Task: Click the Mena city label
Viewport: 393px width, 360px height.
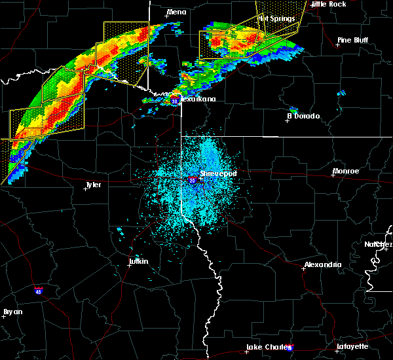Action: pos(177,12)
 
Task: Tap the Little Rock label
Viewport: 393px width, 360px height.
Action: pos(329,4)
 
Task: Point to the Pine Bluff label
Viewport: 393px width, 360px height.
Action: pos(352,40)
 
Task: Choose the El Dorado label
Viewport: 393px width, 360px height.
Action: pos(303,116)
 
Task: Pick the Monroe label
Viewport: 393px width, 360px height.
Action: pos(345,171)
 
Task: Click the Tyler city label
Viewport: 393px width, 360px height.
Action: pos(93,185)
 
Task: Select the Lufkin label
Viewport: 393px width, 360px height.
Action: pos(138,261)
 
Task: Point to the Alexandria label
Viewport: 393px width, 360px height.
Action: pos(322,264)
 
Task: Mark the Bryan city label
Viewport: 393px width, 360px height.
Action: pos(12,311)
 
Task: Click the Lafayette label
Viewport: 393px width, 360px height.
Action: pos(352,346)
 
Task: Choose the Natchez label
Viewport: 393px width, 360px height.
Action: pos(379,244)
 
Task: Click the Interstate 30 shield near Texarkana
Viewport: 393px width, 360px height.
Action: pos(175,101)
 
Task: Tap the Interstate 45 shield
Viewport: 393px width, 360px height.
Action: pos(39,288)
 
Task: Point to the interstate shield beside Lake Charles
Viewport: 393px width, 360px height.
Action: pos(290,348)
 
